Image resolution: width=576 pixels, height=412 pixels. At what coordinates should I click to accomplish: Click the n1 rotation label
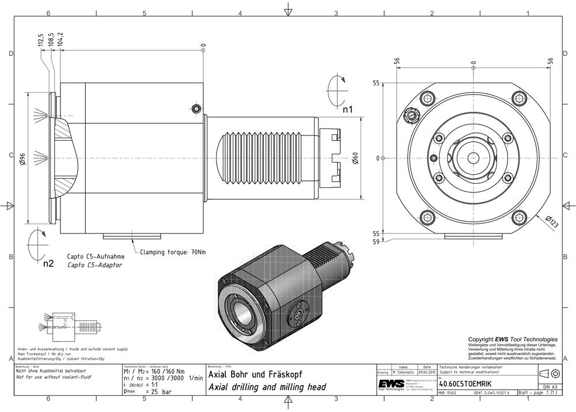[348, 108]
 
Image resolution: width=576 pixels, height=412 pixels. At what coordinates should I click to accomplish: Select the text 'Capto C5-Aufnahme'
[93, 257]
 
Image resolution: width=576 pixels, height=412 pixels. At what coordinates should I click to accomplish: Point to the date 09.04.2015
[426, 373]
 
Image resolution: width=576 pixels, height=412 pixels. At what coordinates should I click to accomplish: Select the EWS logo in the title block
[391, 384]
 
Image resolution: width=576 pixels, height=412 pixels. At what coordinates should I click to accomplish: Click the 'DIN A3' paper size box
[550, 386]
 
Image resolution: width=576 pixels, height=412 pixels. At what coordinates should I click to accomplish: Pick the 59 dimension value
[376, 242]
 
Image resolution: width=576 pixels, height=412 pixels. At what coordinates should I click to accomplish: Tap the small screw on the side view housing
[197, 108]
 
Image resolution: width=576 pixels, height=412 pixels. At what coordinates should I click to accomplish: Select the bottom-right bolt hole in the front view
[520, 217]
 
